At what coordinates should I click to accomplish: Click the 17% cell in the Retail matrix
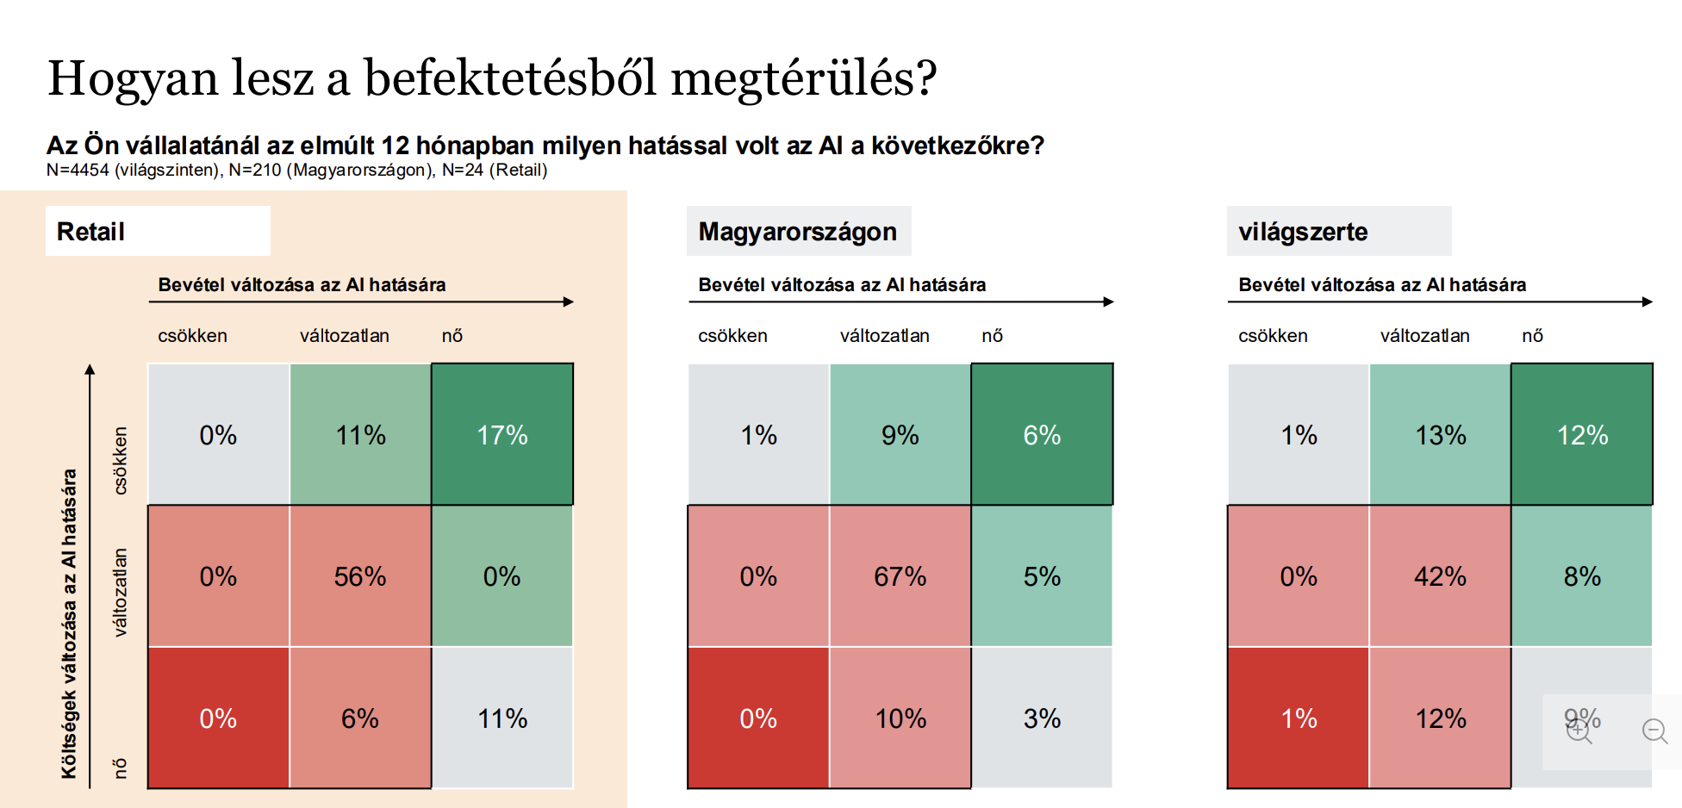[x=502, y=434]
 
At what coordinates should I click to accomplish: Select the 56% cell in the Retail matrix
[x=360, y=576]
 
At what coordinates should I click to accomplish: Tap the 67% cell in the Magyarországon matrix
[x=900, y=576]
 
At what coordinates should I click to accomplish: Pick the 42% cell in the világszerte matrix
[x=1440, y=576]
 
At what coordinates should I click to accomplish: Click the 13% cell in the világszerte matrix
[x=1440, y=434]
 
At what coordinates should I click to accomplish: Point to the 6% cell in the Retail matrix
[x=360, y=718]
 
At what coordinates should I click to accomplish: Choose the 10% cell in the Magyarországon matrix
[x=900, y=718]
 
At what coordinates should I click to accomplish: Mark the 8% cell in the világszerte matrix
[x=1582, y=576]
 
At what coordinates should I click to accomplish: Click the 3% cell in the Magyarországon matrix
[x=1042, y=718]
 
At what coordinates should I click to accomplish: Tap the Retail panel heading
[x=91, y=232]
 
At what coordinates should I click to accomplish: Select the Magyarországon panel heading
[x=797, y=232]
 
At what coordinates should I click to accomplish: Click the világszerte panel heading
[x=1302, y=232]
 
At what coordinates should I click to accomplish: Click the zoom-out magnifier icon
[x=1654, y=731]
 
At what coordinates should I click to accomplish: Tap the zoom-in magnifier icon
[x=1579, y=731]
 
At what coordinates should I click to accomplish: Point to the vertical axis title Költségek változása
[x=69, y=623]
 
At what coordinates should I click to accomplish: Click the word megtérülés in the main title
[x=803, y=78]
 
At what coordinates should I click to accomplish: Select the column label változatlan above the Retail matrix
[x=344, y=336]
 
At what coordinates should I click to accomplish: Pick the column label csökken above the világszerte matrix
[x=1273, y=336]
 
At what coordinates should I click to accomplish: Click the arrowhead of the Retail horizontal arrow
[x=568, y=301]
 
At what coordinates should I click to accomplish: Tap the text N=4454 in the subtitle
[x=78, y=170]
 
